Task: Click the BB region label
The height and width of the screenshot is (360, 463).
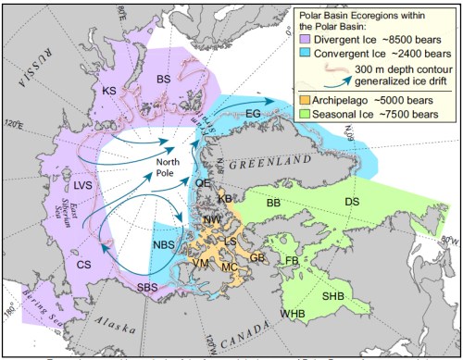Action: coord(273,202)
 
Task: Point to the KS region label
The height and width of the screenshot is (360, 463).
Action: coord(110,91)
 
